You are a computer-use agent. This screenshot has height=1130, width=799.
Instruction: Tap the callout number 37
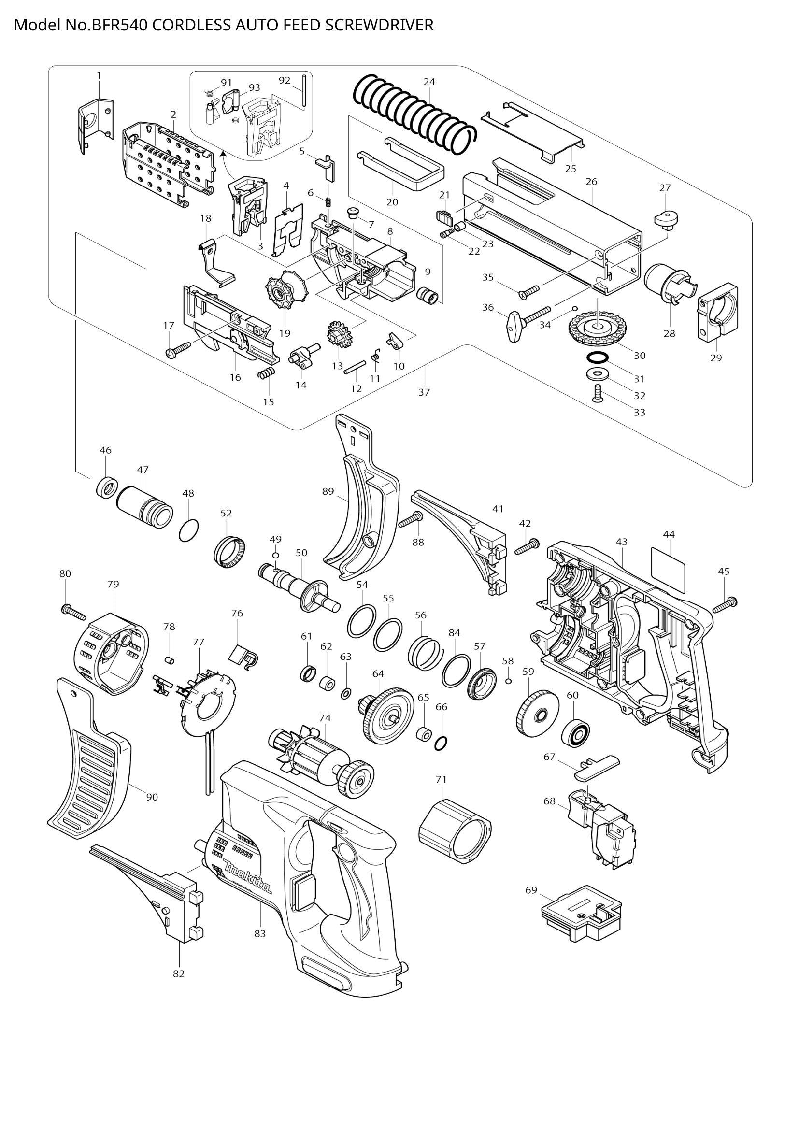point(424,392)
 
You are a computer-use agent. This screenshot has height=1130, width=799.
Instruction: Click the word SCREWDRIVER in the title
point(379,25)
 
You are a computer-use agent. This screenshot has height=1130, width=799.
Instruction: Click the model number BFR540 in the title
point(118,25)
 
